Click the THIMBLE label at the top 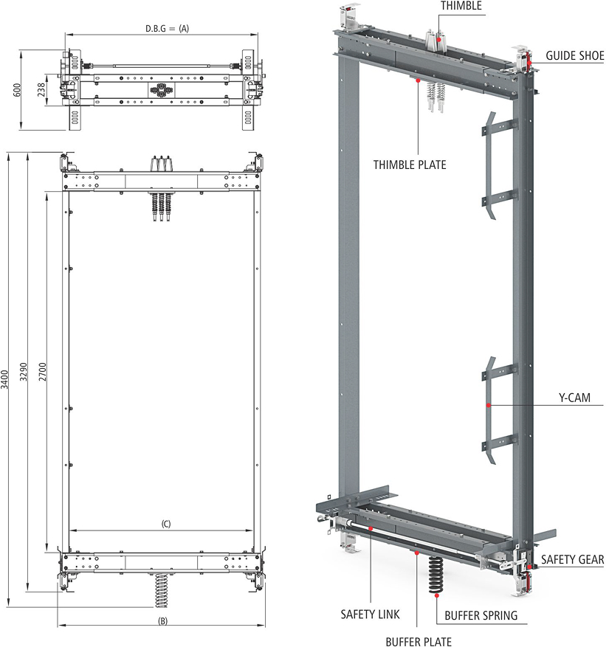(x=461, y=6)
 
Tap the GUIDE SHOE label (x=575, y=56)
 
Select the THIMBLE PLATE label (x=410, y=165)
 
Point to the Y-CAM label (x=574, y=398)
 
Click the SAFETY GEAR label (x=572, y=559)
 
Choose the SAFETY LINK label (x=370, y=615)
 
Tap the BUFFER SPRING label (x=481, y=615)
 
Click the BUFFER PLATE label (x=419, y=641)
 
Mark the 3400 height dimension (x=4, y=379)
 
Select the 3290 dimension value (x=24, y=372)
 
